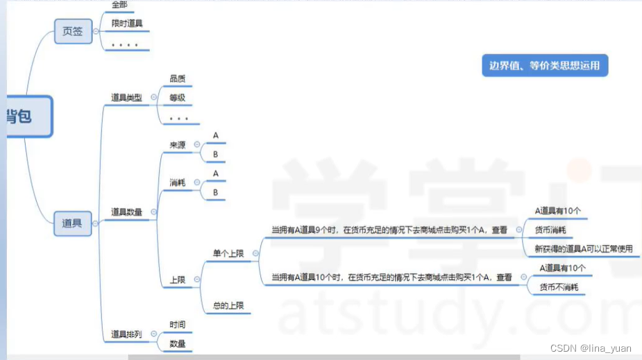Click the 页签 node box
pyautogui.click(x=73, y=31)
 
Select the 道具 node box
pyautogui.click(x=73, y=223)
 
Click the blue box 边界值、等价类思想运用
pyautogui.click(x=545, y=66)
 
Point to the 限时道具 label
pyautogui.click(x=127, y=24)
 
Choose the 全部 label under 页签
pyautogui.click(x=119, y=4)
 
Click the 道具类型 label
pyautogui.click(x=126, y=98)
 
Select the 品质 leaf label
pyautogui.click(x=178, y=79)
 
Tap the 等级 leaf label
pyautogui.click(x=178, y=98)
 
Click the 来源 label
pyautogui.click(x=178, y=144)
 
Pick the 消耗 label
pyautogui.click(x=178, y=182)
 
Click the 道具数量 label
pyautogui.click(x=126, y=212)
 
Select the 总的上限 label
pyautogui.click(x=228, y=305)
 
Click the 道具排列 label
pyautogui.click(x=126, y=334)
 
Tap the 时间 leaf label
pyautogui.click(x=178, y=325)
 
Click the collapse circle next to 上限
pyautogui.click(x=197, y=280)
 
